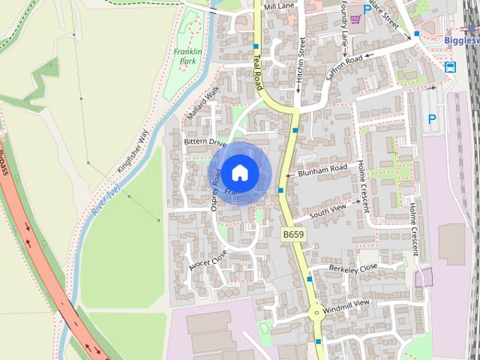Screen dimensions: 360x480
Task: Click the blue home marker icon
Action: [x=239, y=172]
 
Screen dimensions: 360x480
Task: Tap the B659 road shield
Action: [x=293, y=235]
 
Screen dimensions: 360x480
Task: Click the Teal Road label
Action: [x=260, y=68]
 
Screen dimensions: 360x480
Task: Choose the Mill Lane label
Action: [x=279, y=6]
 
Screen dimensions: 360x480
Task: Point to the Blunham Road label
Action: [x=322, y=169]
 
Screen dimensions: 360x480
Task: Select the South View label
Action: [x=328, y=210]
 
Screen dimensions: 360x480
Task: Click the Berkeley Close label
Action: [x=353, y=268]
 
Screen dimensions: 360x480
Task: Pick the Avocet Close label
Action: [x=207, y=259]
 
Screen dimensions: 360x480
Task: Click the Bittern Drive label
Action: [x=205, y=142]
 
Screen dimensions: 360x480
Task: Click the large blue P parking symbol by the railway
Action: [x=431, y=118]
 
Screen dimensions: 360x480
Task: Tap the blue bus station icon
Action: [x=450, y=67]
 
